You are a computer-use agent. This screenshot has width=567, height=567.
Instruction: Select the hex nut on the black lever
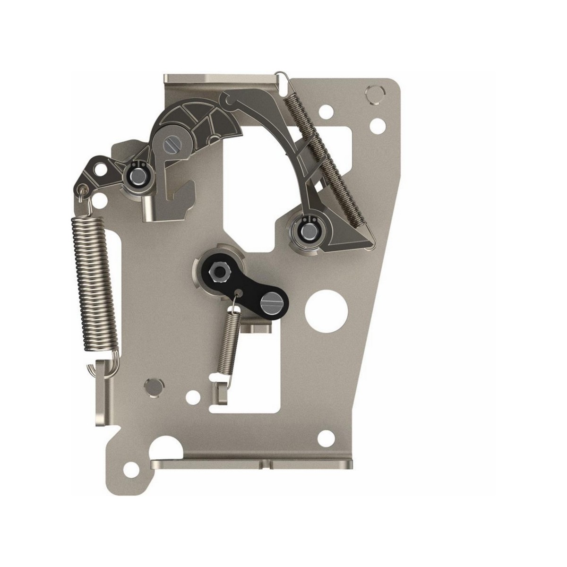point(219,271)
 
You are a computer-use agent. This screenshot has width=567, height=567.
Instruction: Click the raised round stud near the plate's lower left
point(152,385)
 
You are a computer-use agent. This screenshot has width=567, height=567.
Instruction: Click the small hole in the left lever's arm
point(99,168)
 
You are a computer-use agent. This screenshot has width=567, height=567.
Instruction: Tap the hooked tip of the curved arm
point(228,100)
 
